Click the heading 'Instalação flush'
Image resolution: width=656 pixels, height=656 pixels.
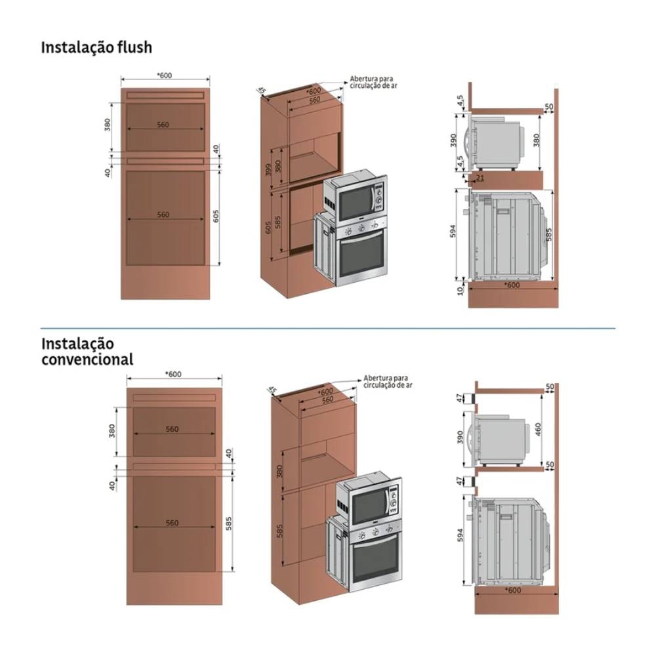point(96,47)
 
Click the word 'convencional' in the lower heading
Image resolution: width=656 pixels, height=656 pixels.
point(87,359)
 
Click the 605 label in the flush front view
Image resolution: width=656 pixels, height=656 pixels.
point(216,217)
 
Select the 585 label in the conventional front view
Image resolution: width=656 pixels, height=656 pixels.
point(229,524)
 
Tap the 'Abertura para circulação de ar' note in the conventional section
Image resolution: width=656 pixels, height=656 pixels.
point(386,382)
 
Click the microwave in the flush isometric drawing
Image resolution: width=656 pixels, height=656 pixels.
point(358,197)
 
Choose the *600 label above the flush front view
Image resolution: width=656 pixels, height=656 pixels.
point(165,75)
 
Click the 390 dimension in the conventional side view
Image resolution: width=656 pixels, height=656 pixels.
point(461,437)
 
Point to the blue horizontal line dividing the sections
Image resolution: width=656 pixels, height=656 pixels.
point(328,327)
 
